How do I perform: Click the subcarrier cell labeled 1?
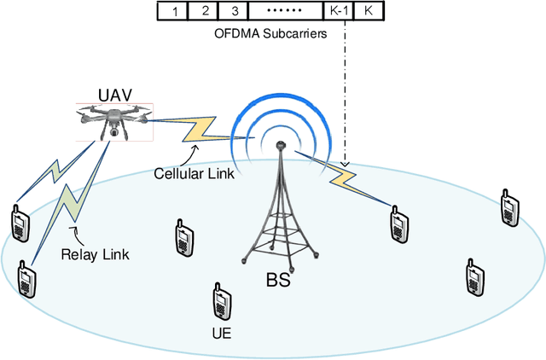[174, 12]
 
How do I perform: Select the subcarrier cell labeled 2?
[205, 12]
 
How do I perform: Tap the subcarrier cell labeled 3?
[235, 12]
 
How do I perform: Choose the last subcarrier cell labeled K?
[368, 12]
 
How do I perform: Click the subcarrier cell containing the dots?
[285, 12]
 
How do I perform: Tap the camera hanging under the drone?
[113, 133]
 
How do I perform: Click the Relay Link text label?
[89, 253]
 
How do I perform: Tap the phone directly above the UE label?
[220, 301]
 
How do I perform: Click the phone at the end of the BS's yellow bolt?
[398, 224]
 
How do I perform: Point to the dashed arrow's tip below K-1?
[345, 165]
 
